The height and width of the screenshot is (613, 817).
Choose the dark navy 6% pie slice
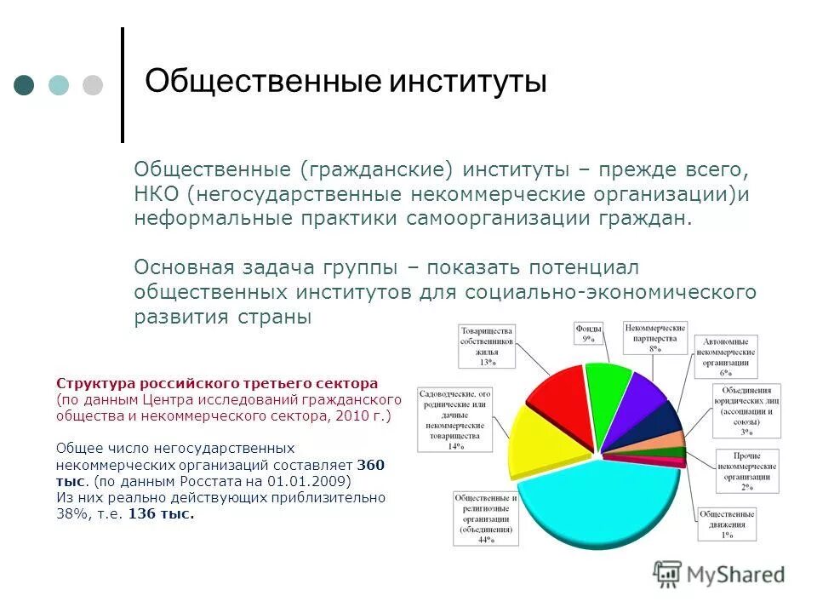click(x=667, y=420)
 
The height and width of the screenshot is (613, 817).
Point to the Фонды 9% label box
click(x=587, y=333)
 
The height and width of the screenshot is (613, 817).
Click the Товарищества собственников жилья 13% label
click(x=487, y=345)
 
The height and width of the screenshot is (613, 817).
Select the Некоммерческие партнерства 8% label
click(x=655, y=336)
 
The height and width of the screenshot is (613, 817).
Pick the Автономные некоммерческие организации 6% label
click(x=726, y=357)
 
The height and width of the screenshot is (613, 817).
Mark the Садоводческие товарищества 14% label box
click(x=455, y=419)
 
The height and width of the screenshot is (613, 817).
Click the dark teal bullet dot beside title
click(x=24, y=85)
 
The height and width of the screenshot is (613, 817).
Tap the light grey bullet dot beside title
click(x=92, y=85)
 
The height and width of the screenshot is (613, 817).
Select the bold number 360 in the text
click(x=371, y=464)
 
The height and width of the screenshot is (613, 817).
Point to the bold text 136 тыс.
click(x=161, y=513)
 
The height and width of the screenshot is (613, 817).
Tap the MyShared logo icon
click(x=668, y=576)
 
